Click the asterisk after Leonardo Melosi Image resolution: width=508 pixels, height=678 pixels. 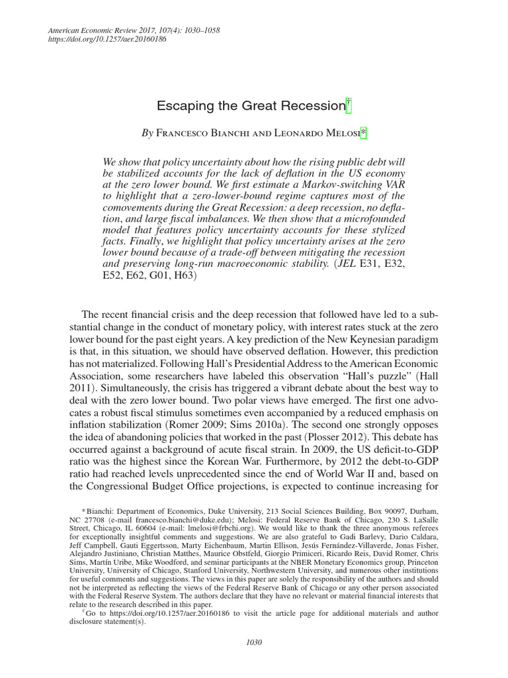click(x=363, y=132)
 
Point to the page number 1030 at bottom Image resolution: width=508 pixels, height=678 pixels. click(x=253, y=641)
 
